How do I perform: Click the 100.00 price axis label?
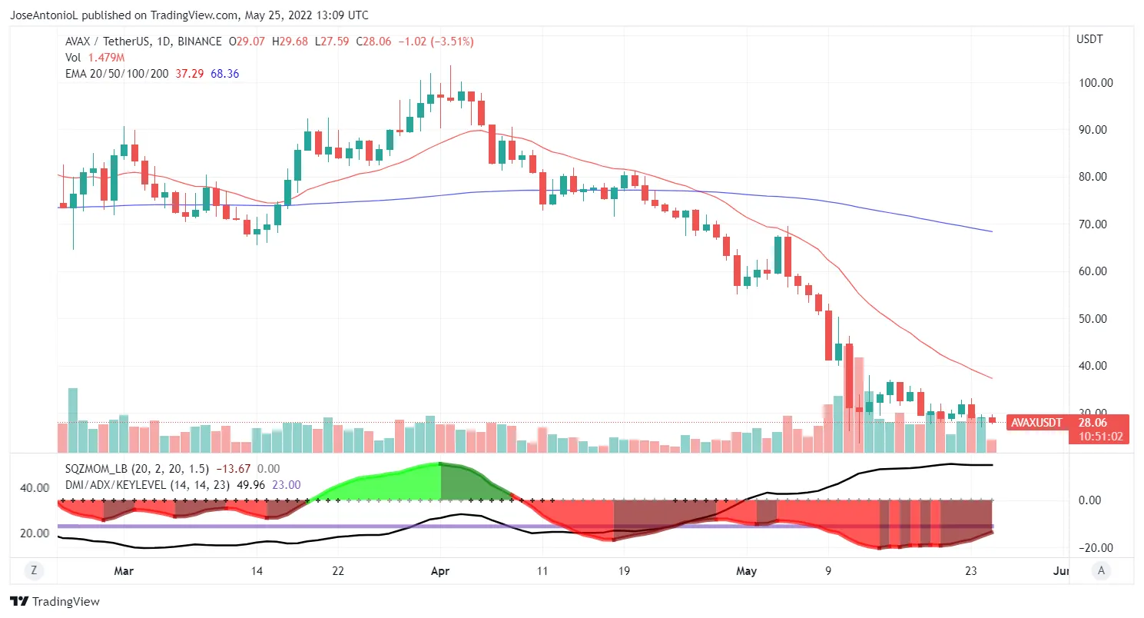pos(1095,83)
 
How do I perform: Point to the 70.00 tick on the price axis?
pos(1095,224)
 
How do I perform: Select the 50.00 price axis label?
pos(1095,319)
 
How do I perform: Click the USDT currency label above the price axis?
pos(1089,39)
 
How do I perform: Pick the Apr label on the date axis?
pos(440,571)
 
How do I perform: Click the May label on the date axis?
pos(746,571)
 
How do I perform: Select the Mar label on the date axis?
pos(124,571)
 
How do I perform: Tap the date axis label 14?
pos(257,571)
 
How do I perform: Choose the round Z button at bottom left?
pos(33,570)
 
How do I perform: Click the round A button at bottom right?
pos(1102,570)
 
